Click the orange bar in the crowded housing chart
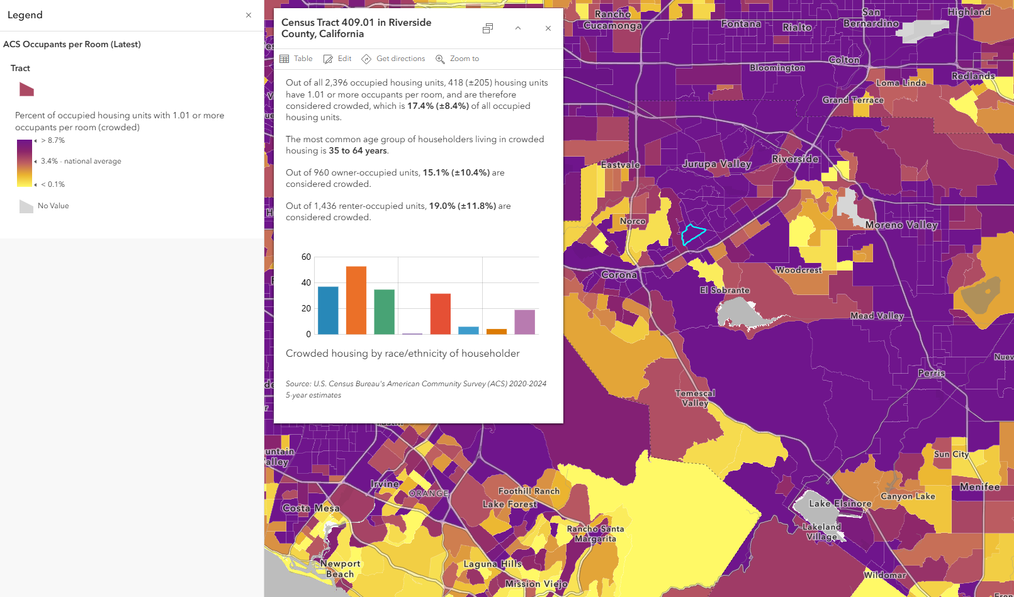[x=356, y=300]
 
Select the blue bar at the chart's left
[x=328, y=310]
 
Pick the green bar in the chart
[x=384, y=311]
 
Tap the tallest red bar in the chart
[x=441, y=313]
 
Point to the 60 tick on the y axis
[x=306, y=257]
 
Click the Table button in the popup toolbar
[x=296, y=59]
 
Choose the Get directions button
[x=393, y=59]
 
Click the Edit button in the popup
[x=337, y=59]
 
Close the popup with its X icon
[x=548, y=28]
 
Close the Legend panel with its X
[x=249, y=15]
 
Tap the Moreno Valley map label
[x=901, y=225]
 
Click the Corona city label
[x=619, y=275]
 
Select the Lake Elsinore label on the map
[x=840, y=503]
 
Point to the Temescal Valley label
[x=695, y=398]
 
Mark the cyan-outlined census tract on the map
[x=692, y=234]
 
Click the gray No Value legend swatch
[x=26, y=206]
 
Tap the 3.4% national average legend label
[x=81, y=161]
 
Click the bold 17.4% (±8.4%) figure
[x=438, y=106]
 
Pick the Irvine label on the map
[x=385, y=484]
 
